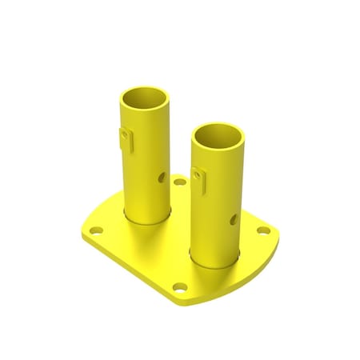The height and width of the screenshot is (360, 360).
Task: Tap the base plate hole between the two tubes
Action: [180, 182]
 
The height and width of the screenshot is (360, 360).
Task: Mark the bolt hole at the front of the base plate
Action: [181, 286]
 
